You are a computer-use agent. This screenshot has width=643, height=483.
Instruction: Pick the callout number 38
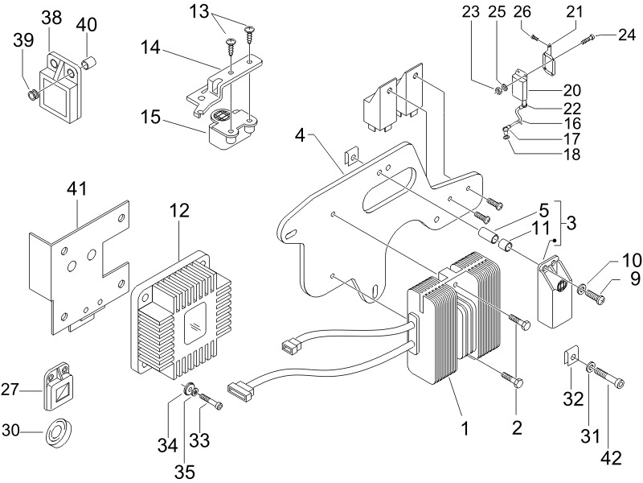(51, 18)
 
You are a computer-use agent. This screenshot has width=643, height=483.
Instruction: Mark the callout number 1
(464, 427)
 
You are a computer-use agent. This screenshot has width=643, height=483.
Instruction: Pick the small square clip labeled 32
(571, 354)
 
